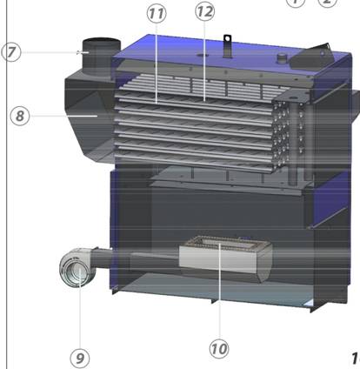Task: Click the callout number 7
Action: (x=11, y=52)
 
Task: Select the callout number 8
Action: (x=20, y=116)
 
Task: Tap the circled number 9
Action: (x=80, y=359)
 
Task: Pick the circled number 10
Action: (x=219, y=349)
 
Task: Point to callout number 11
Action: (x=157, y=14)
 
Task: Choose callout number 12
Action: (x=205, y=11)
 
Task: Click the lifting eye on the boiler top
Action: (x=227, y=46)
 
